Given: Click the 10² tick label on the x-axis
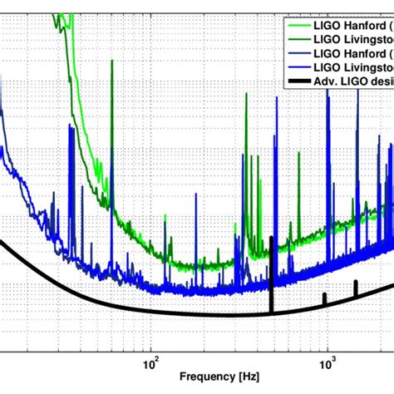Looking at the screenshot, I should (x=151, y=362).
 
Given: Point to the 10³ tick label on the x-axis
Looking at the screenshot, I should (x=327, y=362).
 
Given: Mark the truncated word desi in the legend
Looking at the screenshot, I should (x=383, y=82).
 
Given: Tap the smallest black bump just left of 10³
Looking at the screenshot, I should (x=325, y=297).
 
